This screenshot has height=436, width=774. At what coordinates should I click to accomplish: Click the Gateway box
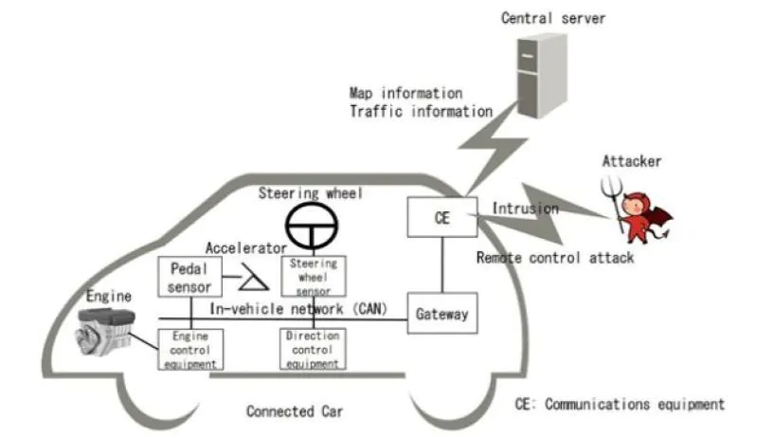point(442,314)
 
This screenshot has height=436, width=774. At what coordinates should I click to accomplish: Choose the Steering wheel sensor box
point(313,275)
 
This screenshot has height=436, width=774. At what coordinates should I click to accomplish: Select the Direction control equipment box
point(313,349)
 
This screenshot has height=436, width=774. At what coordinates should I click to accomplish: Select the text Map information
point(405,93)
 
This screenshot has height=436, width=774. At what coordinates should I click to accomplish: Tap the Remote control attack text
point(554,257)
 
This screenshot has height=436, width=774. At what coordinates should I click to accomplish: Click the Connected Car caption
point(295,411)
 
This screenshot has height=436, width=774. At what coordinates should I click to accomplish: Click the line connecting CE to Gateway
point(442,265)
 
